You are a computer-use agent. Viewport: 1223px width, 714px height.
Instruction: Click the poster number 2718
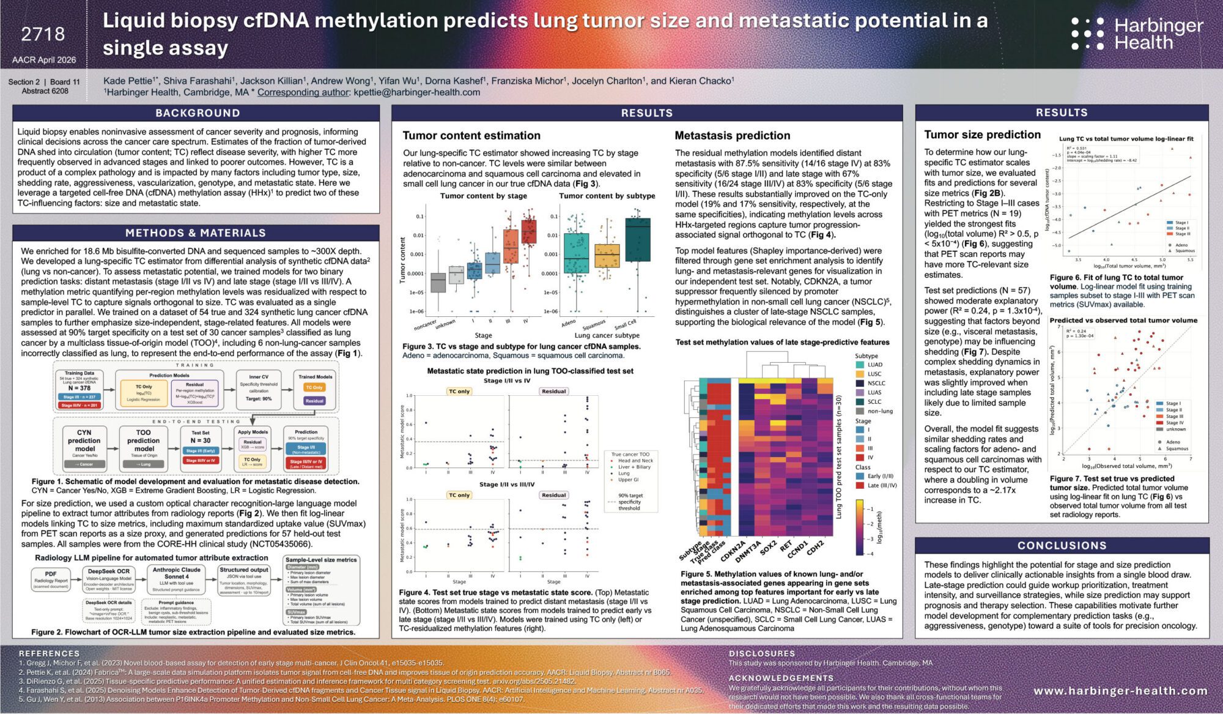point(43,34)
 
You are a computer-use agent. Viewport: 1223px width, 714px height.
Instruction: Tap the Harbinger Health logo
point(1137,34)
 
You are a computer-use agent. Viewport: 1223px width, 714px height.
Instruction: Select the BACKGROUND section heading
point(197,113)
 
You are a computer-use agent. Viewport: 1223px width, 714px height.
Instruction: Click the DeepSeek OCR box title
point(108,571)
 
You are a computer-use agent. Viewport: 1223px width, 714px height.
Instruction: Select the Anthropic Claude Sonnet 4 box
point(176,579)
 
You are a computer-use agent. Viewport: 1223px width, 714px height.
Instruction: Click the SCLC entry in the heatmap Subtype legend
point(874,402)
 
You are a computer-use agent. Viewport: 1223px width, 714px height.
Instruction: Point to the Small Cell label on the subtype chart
point(625,324)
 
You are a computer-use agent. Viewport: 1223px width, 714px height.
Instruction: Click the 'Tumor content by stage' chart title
point(483,196)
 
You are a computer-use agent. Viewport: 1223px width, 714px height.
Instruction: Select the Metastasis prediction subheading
point(732,136)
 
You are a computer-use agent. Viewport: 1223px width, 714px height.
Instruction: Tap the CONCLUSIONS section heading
point(1062,546)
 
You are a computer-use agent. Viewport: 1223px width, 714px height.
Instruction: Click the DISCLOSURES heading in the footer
point(761,653)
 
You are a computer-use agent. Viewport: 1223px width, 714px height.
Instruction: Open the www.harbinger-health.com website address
point(1120,691)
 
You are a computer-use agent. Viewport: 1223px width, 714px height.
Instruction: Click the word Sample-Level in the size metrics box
point(303,560)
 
